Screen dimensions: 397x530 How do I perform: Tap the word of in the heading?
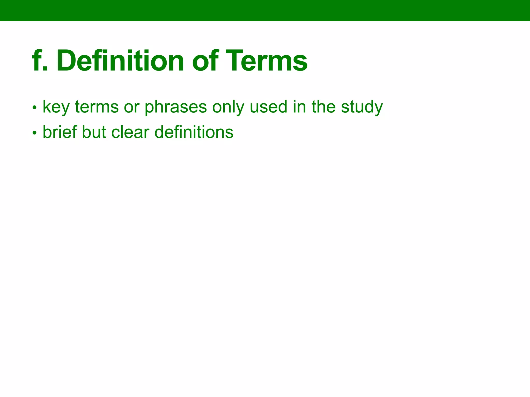pos(204,61)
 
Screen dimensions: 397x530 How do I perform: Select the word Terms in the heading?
pos(267,61)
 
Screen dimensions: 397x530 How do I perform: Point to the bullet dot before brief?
pos(34,133)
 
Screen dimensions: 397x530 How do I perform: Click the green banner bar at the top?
pos(265,10)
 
